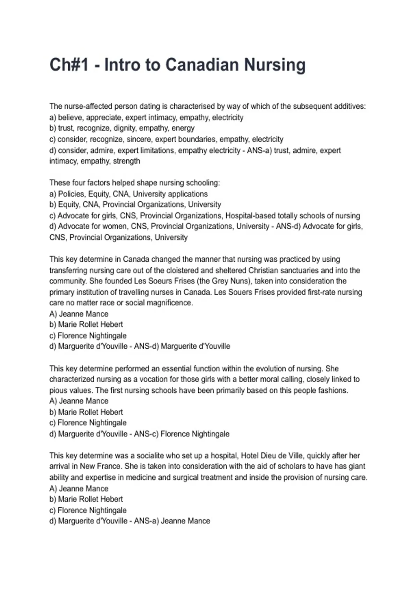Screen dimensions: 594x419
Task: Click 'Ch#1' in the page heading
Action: (x=69, y=65)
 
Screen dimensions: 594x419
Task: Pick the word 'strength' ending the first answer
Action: (x=126, y=161)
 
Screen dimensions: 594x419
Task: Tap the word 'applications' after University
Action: (x=188, y=194)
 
